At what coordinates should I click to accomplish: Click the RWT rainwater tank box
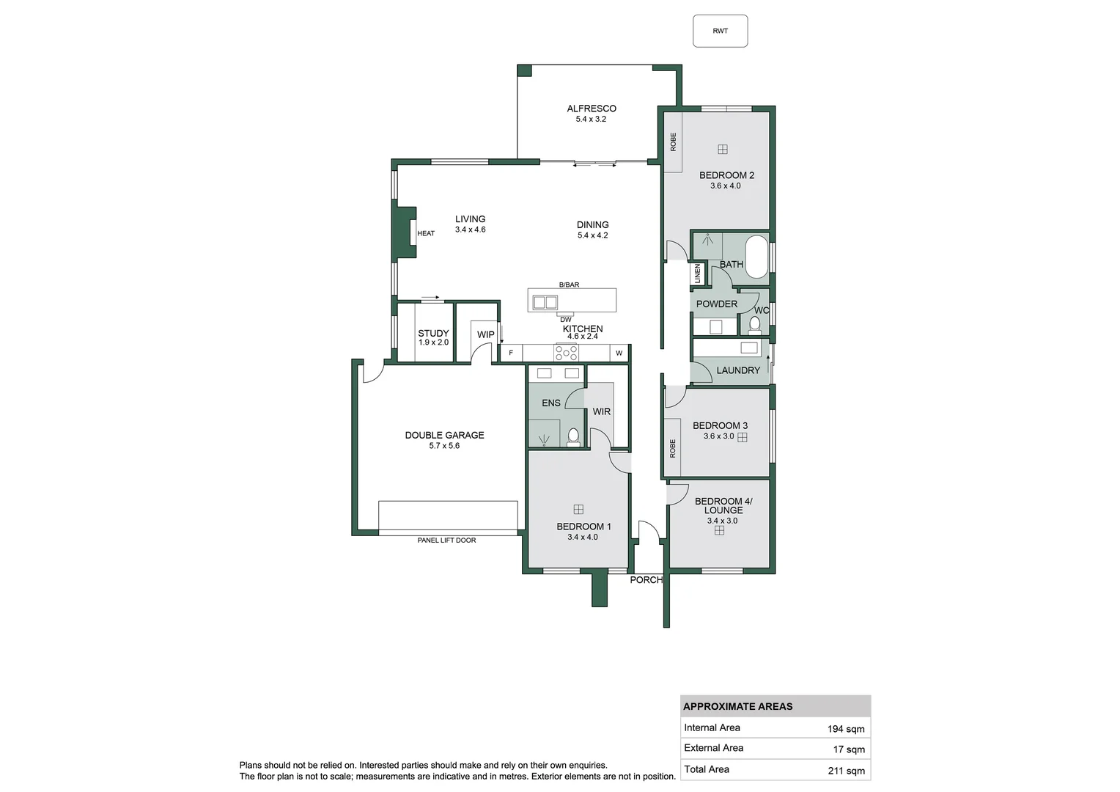[720, 31]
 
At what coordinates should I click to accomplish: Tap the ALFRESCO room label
[591, 109]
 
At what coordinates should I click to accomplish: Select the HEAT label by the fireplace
[426, 233]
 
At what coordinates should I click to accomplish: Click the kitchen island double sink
[545, 301]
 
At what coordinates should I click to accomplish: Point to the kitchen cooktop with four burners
[566, 353]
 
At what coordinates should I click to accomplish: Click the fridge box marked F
[511, 353]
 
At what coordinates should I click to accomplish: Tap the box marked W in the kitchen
[619, 353]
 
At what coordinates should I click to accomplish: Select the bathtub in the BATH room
[756, 257]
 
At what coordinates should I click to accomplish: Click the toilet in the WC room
[754, 323]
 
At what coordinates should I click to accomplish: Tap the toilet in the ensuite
[573, 437]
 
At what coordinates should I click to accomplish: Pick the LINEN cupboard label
[698, 274]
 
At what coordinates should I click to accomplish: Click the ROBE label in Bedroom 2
[673, 142]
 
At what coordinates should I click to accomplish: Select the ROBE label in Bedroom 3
[673, 448]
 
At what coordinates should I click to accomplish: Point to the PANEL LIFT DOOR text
[446, 540]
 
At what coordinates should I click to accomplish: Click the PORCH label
[646, 580]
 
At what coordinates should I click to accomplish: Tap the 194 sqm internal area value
[846, 729]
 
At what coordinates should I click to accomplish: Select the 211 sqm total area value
[846, 770]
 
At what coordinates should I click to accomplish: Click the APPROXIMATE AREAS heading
[737, 707]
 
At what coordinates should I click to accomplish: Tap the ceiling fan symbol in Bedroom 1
[578, 509]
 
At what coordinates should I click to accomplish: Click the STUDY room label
[433, 334]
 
